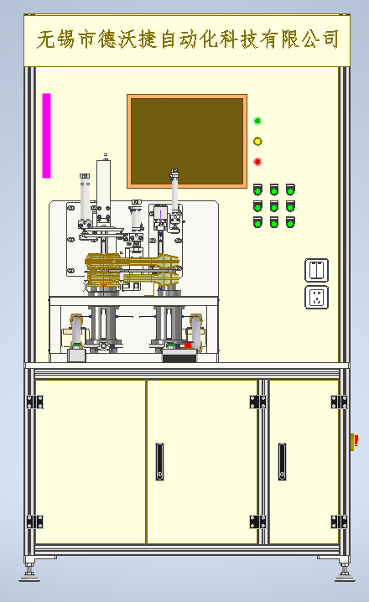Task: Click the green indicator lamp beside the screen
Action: click(x=257, y=121)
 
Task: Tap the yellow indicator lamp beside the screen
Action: click(x=257, y=142)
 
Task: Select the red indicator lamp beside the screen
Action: click(x=257, y=162)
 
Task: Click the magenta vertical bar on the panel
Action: click(x=46, y=136)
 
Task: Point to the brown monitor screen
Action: click(x=187, y=142)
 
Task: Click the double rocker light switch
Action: click(x=316, y=270)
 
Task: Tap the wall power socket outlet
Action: click(x=316, y=297)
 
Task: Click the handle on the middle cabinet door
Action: click(x=159, y=461)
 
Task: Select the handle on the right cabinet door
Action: click(x=283, y=461)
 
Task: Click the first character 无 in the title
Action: click(x=46, y=39)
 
